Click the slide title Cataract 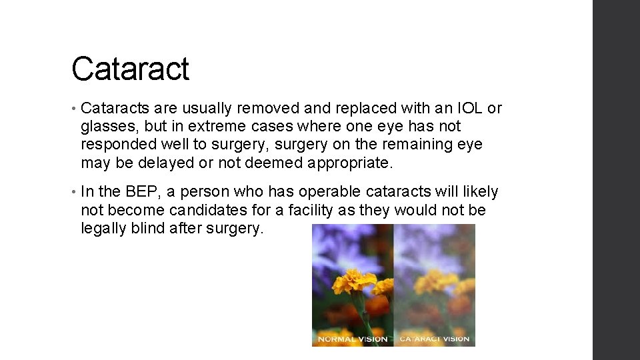pos(130,69)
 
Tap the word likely pos(481,192)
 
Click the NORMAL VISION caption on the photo pos(353,339)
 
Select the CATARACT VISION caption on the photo pos(434,339)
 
